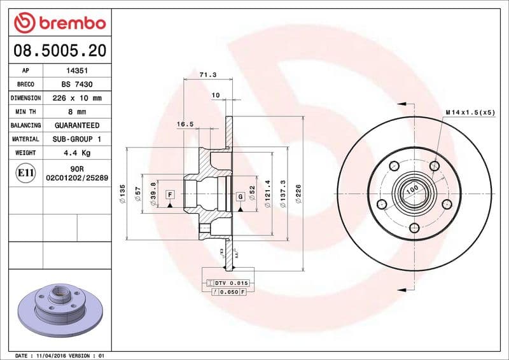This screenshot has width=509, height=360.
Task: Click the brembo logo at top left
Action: pyautogui.click(x=59, y=23)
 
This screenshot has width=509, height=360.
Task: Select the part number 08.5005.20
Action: pyautogui.click(x=59, y=50)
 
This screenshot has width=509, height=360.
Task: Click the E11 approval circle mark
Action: pyautogui.click(x=25, y=172)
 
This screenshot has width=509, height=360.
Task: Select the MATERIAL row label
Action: pyautogui.click(x=25, y=139)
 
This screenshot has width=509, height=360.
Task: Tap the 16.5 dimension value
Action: pyautogui.click(x=185, y=125)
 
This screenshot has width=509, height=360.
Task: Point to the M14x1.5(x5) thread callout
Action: pyautogui.click(x=470, y=112)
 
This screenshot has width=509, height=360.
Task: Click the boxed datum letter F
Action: pyautogui.click(x=170, y=194)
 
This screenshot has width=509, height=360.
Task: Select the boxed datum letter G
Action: pyautogui.click(x=241, y=197)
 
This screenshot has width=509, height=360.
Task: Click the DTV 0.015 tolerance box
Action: pyautogui.click(x=227, y=282)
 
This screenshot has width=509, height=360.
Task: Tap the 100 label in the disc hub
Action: pyautogui.click(x=412, y=189)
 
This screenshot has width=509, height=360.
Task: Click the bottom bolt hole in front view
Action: pyautogui.click(x=414, y=228)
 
